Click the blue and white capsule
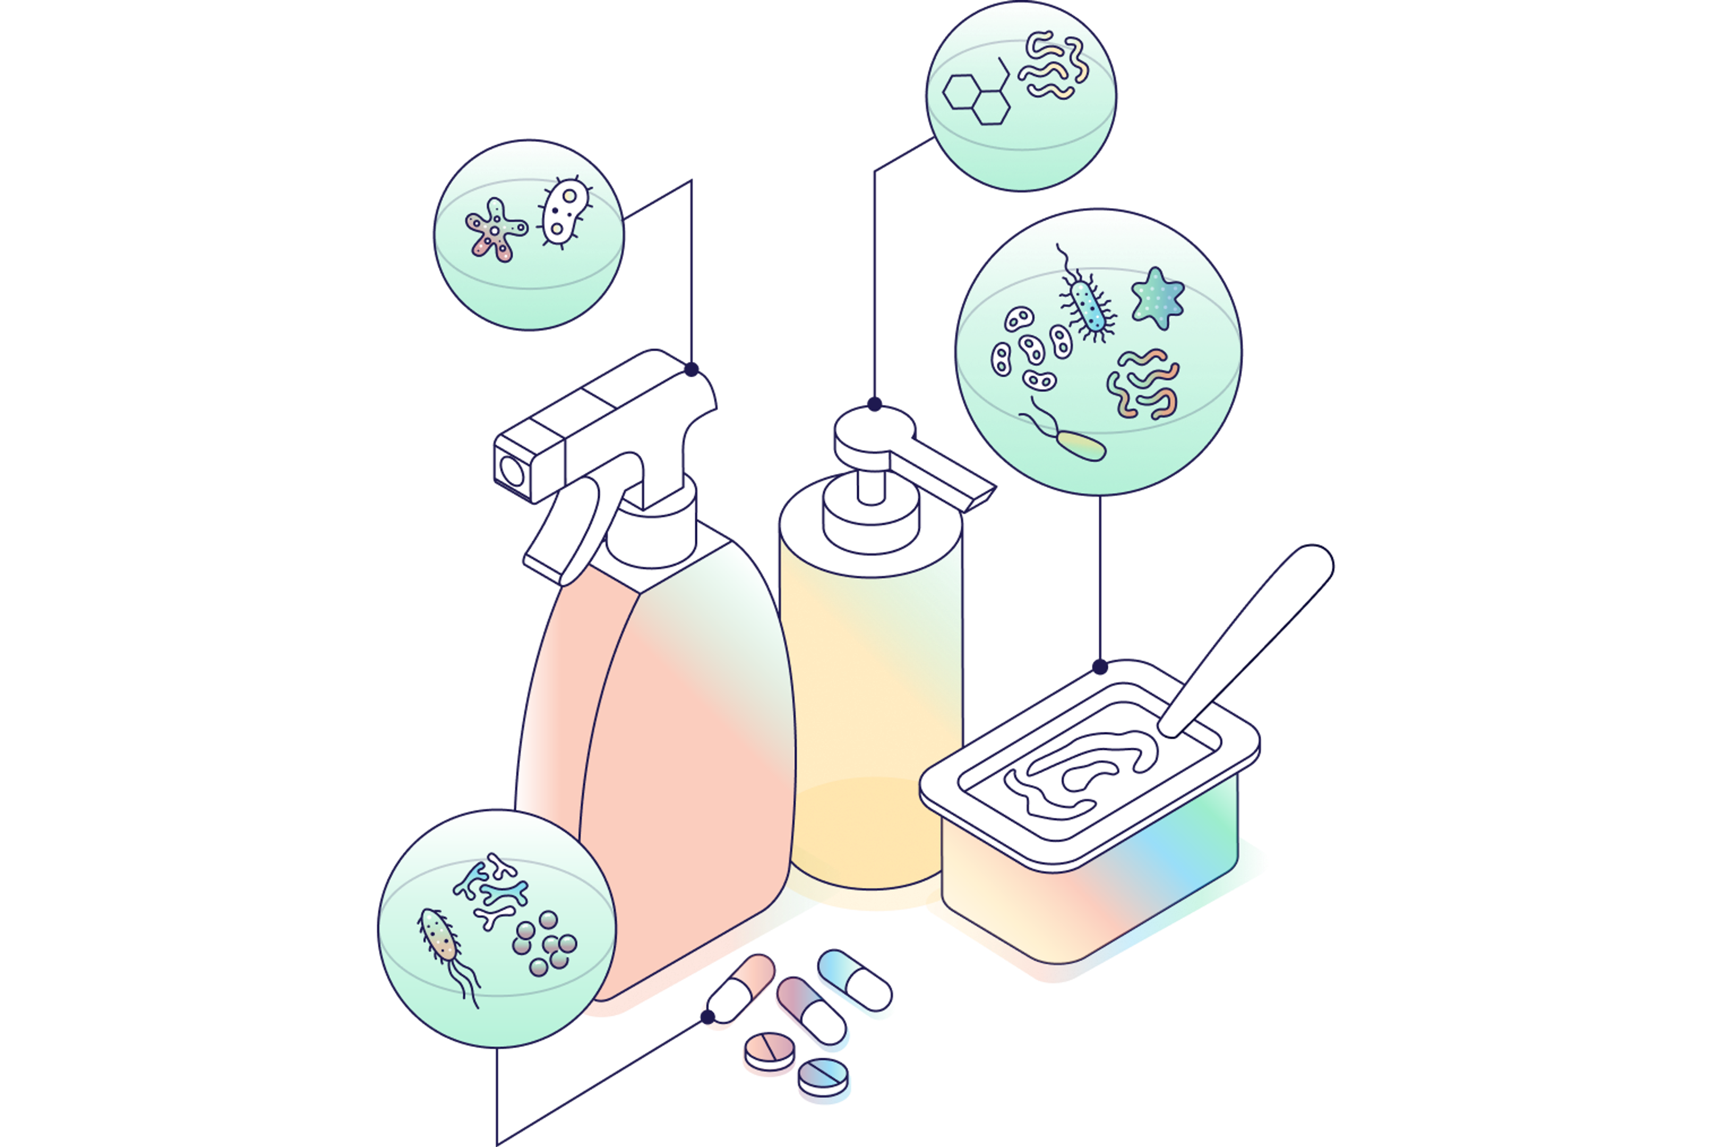pos(855,981)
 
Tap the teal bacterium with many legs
pos(1089,304)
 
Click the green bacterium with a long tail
pos(1081,444)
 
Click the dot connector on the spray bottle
pos(691,369)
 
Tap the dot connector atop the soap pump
pos(874,404)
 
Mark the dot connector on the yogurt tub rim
pos(1100,666)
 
